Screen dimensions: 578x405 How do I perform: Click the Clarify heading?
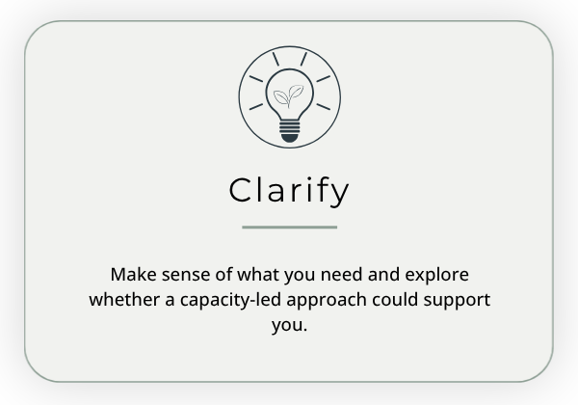(289, 192)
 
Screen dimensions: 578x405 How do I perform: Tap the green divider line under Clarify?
(289, 228)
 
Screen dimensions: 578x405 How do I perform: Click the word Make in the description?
(133, 275)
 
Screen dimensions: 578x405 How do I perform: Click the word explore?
(436, 276)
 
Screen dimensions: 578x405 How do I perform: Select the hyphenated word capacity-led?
(231, 300)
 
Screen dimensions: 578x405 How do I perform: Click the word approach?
(327, 300)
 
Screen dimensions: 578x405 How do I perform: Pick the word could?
(395, 300)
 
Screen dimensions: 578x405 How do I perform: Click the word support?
(457, 301)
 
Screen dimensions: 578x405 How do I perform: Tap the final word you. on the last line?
(289, 326)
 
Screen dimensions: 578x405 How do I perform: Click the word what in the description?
(258, 275)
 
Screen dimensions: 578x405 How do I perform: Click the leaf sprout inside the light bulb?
(289, 95)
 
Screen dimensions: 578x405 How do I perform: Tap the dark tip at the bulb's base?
(289, 138)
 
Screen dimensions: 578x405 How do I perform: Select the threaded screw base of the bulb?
(289, 127)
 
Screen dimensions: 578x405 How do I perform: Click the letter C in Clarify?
(241, 190)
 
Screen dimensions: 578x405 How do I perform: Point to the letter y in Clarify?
(339, 194)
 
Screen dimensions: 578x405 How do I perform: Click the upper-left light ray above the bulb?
(276, 59)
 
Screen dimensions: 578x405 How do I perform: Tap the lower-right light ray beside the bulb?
(324, 107)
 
